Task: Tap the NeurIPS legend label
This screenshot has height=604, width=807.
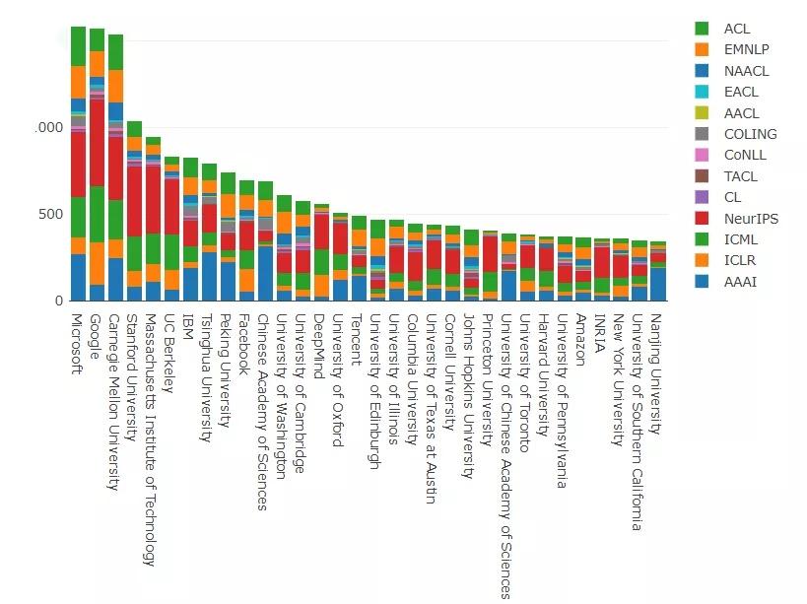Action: (750, 219)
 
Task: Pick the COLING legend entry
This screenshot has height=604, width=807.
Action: (750, 134)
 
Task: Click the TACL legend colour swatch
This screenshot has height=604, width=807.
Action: (702, 176)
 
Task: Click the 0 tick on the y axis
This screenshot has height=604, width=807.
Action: (58, 301)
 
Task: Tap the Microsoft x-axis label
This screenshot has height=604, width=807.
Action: (78, 345)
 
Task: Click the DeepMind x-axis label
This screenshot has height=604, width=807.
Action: (319, 341)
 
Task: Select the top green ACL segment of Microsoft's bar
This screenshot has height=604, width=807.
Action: (78, 46)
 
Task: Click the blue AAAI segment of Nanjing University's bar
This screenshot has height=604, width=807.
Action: (657, 284)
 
